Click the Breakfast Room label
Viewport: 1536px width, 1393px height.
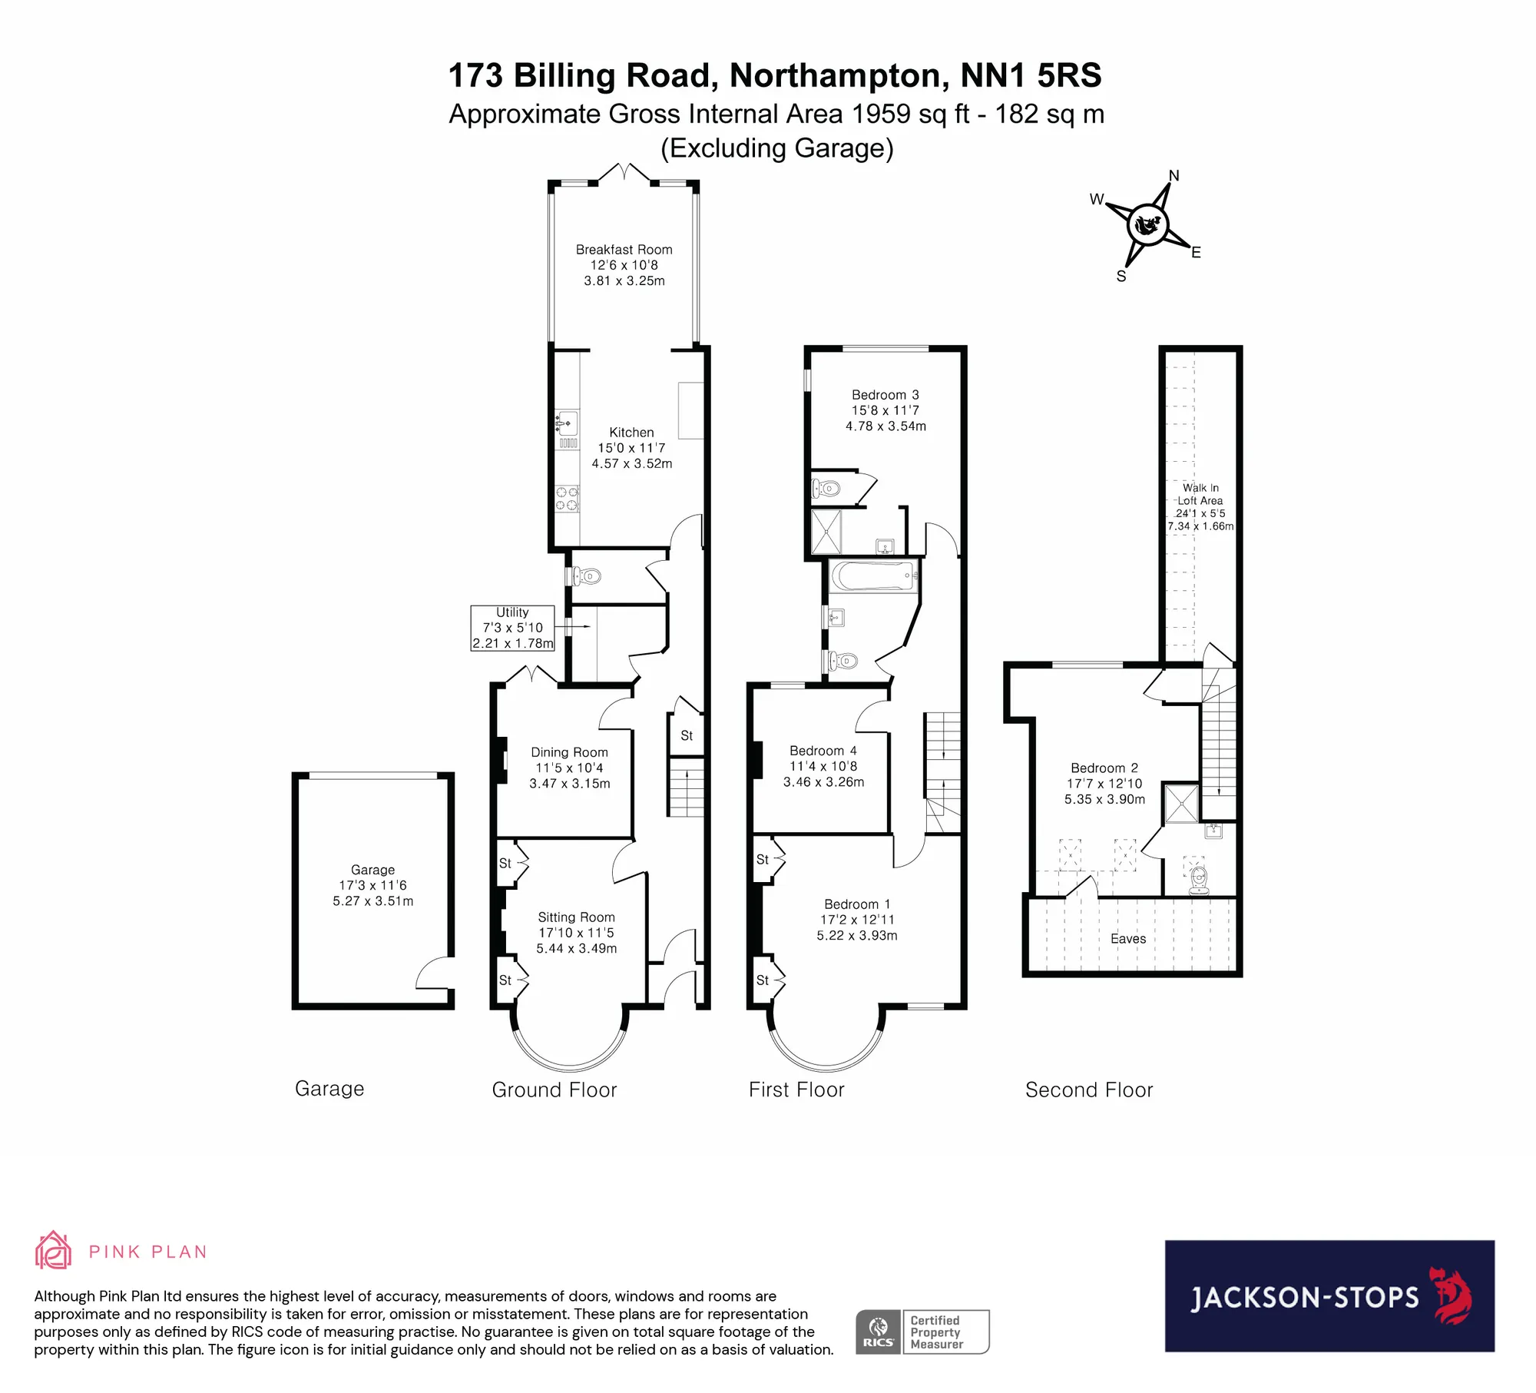pyautogui.click(x=624, y=265)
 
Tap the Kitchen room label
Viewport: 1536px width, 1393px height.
pyautogui.click(x=632, y=448)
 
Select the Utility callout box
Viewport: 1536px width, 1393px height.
pyautogui.click(x=512, y=628)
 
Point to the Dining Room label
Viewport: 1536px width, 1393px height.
pyautogui.click(x=570, y=768)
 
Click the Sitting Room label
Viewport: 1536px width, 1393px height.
pyautogui.click(x=577, y=933)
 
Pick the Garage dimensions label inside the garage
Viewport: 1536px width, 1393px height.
pyautogui.click(x=373, y=885)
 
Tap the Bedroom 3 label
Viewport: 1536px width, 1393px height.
pyautogui.click(x=886, y=410)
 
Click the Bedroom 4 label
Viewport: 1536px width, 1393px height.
pyautogui.click(x=824, y=766)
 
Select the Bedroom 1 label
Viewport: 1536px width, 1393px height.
pyautogui.click(x=857, y=920)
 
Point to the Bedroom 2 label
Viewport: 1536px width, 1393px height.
pyautogui.click(x=1104, y=784)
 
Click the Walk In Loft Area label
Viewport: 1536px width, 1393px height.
pyautogui.click(x=1200, y=507)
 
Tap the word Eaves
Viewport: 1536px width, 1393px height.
pyautogui.click(x=1128, y=939)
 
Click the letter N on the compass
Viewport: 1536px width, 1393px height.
pyautogui.click(x=1174, y=176)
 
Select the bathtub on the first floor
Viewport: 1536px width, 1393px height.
pyautogui.click(x=874, y=575)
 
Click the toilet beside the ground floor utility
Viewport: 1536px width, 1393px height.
pyautogui.click(x=586, y=575)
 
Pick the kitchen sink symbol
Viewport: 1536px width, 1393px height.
pyautogui.click(x=567, y=423)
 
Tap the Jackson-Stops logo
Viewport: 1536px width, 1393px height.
pyautogui.click(x=1329, y=1296)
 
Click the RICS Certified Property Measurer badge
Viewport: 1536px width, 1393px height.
pyautogui.click(x=922, y=1332)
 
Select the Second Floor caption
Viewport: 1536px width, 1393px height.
pyautogui.click(x=1089, y=1090)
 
